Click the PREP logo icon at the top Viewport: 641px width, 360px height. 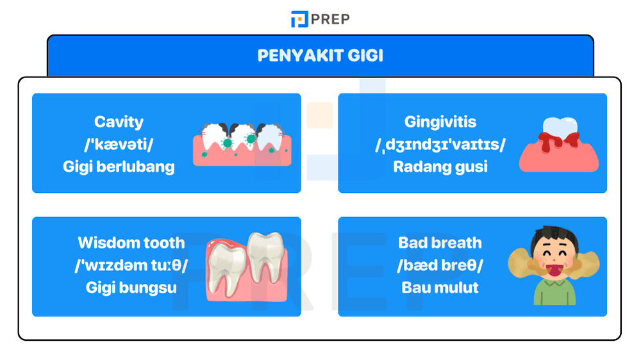[x=299, y=19]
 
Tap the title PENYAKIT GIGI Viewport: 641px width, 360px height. [x=320, y=56]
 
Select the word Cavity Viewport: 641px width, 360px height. [x=119, y=122]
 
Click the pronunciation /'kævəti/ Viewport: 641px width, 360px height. [x=119, y=144]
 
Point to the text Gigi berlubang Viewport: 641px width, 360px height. [x=119, y=167]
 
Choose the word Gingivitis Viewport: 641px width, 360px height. [x=440, y=122]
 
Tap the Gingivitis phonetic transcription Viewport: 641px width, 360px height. [x=440, y=145]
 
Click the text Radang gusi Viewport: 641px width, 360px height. [x=440, y=167]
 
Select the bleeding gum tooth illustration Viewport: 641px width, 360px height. [x=558, y=143]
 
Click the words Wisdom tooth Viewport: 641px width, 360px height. [x=131, y=243]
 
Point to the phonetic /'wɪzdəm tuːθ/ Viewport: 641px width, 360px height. [x=131, y=265]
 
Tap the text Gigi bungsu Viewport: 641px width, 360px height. [x=131, y=288]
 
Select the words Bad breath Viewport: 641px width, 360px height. [x=440, y=243]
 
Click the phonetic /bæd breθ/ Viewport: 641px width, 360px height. [x=440, y=265]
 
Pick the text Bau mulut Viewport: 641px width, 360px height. [x=440, y=288]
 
